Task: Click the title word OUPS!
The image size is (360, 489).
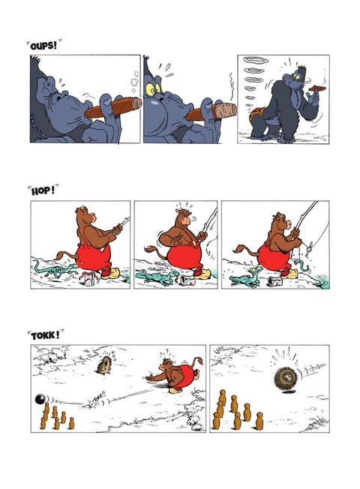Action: click(43, 46)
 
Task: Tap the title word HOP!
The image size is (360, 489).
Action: click(43, 190)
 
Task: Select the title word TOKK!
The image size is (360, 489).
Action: click(45, 336)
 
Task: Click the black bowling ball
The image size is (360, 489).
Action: click(40, 399)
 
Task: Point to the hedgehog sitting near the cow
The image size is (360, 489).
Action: click(104, 364)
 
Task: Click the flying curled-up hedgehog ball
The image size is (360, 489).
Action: click(285, 378)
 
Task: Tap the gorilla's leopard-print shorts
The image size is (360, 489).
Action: click(256, 115)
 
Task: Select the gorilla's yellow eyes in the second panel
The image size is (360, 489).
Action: click(153, 89)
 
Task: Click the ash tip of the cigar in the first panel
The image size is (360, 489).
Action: click(136, 103)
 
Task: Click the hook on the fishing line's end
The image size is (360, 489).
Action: click(308, 250)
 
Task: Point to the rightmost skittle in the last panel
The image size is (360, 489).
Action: click(259, 421)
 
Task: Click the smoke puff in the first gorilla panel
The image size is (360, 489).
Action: click(134, 82)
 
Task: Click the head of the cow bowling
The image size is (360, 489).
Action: click(167, 364)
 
